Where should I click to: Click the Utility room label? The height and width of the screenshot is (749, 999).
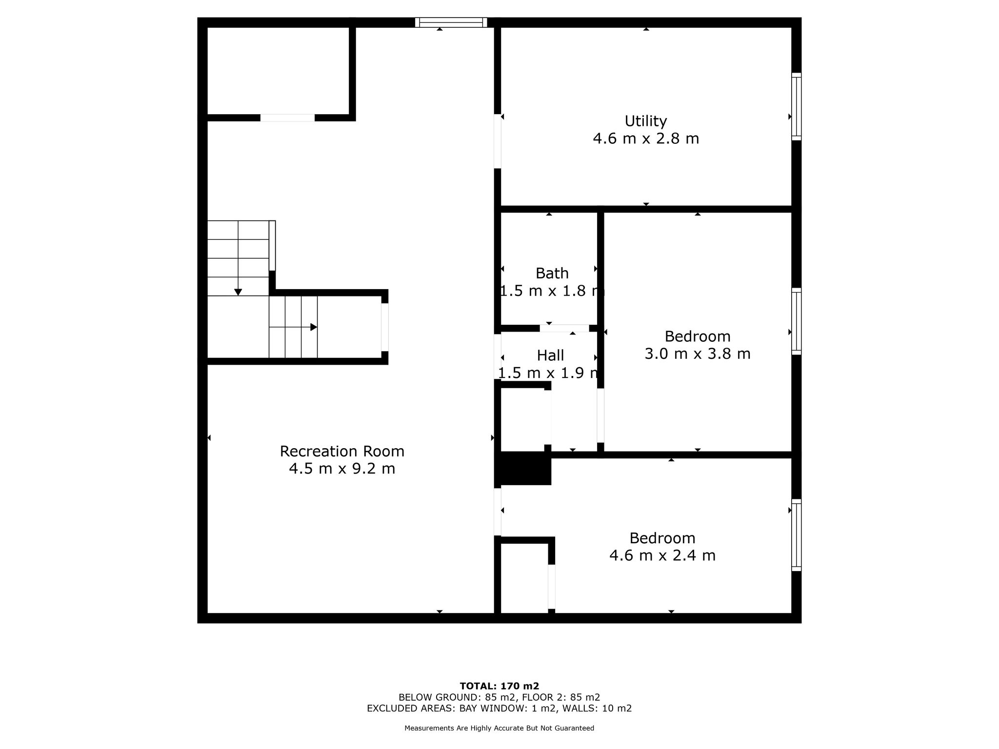pyautogui.click(x=645, y=121)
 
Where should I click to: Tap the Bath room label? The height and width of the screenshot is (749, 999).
pyautogui.click(x=552, y=273)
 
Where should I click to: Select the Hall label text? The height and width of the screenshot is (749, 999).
pyautogui.click(x=550, y=355)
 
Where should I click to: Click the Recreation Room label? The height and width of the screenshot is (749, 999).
pyautogui.click(x=342, y=452)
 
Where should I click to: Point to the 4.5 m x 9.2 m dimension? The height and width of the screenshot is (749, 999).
pyautogui.click(x=342, y=469)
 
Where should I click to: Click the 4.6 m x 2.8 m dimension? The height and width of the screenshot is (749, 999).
pyautogui.click(x=645, y=138)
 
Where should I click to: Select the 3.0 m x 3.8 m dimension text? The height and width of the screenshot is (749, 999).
pyautogui.click(x=697, y=354)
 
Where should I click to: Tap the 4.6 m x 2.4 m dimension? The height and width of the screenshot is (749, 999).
pyautogui.click(x=662, y=555)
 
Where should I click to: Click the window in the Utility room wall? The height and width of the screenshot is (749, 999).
pyautogui.click(x=796, y=107)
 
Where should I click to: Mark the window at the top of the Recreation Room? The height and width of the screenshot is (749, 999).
pyautogui.click(x=451, y=22)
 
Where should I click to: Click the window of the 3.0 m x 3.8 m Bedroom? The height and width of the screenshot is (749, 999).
pyautogui.click(x=796, y=321)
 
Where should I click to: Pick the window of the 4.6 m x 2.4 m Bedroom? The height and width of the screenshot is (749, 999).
pyautogui.click(x=796, y=535)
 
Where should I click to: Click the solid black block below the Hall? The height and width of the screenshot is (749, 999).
pyautogui.click(x=523, y=468)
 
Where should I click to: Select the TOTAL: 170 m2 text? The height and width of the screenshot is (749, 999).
pyautogui.click(x=499, y=686)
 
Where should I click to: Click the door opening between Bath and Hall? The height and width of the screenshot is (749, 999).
pyautogui.click(x=564, y=328)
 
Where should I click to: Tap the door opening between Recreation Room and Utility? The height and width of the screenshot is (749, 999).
pyautogui.click(x=498, y=141)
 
